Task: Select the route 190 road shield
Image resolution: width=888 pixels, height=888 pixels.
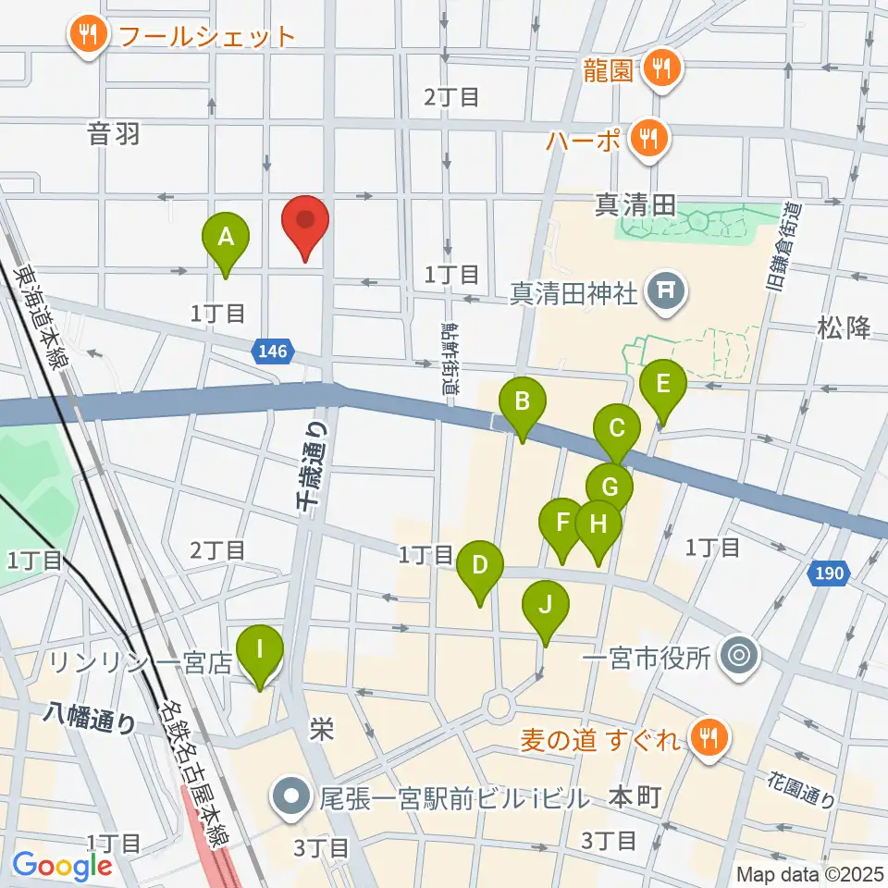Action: [x=829, y=574]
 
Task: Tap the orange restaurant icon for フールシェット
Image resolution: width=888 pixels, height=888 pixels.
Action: [x=89, y=36]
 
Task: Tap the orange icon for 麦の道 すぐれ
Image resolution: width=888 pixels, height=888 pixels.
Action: [x=709, y=737]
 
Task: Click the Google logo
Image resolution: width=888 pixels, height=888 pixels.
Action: [x=62, y=866]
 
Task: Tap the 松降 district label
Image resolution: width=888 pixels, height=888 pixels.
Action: [x=844, y=327]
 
